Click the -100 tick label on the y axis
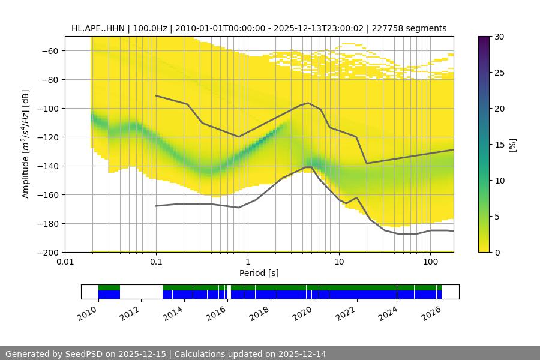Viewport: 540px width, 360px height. [49, 109]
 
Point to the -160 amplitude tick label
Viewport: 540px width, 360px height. [49, 195]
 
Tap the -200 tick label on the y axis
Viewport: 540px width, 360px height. [49, 253]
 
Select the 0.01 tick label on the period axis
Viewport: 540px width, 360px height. [65, 262]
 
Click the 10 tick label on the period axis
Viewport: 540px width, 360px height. [339, 262]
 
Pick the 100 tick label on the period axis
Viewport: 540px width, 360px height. [430, 262]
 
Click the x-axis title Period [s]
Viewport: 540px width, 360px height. [259, 273]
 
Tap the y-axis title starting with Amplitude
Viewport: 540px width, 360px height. [25, 144]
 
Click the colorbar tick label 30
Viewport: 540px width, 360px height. [499, 37]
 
